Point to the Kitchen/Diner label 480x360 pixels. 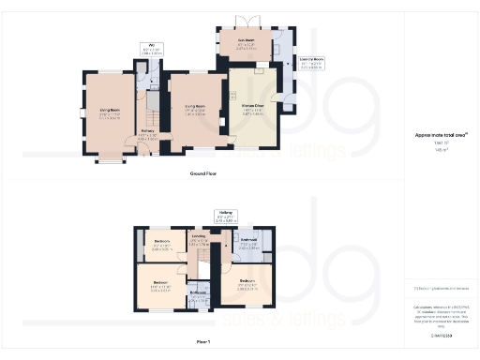coord(252,110)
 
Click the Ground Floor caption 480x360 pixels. coord(202,174)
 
